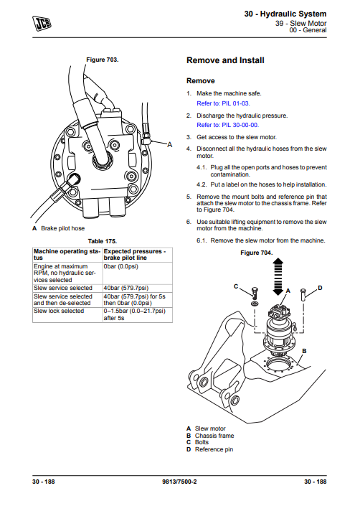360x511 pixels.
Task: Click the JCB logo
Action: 42,23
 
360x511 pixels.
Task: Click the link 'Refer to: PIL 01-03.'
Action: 223,103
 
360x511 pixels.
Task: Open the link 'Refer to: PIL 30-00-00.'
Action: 228,125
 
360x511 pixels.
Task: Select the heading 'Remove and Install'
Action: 225,60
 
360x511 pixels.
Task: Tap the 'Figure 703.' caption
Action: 103,60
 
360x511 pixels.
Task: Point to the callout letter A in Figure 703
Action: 169,145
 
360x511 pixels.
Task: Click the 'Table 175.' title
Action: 103,241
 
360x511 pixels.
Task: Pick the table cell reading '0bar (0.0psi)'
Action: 120,266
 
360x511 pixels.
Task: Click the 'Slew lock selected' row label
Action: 59,311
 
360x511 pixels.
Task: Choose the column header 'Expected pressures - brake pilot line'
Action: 135,255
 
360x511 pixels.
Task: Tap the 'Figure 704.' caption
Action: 257,253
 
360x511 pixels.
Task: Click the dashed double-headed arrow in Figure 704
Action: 278,277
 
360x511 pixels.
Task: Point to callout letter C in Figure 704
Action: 236,287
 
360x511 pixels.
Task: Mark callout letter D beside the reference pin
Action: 320,288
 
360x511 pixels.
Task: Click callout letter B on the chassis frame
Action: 304,351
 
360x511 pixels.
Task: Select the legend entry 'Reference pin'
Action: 214,449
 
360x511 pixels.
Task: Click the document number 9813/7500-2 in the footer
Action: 179,482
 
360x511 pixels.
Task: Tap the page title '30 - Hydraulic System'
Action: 285,14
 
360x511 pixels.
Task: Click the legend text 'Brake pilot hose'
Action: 63,228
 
